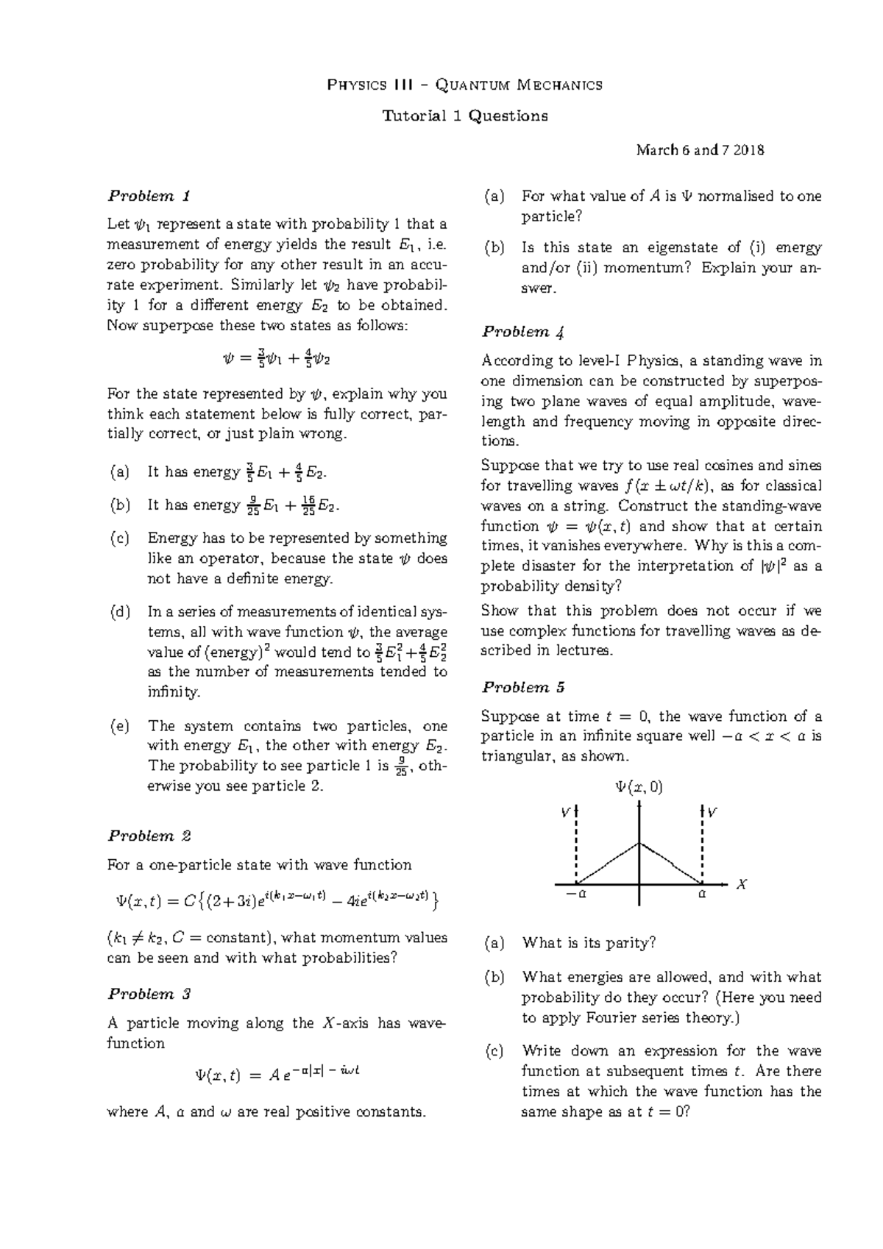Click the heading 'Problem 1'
(x=149, y=196)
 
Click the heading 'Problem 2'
(x=149, y=836)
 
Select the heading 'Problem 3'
(x=149, y=994)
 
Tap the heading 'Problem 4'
(x=523, y=332)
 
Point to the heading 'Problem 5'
(x=523, y=687)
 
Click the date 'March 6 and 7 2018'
(x=700, y=150)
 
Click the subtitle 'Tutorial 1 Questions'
(x=464, y=115)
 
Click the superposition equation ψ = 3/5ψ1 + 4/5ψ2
(x=276, y=360)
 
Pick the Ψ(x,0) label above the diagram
(x=639, y=787)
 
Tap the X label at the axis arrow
(x=742, y=885)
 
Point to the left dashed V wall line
(x=577, y=846)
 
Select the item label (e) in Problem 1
(x=119, y=726)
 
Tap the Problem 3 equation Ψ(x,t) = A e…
(x=277, y=1074)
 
